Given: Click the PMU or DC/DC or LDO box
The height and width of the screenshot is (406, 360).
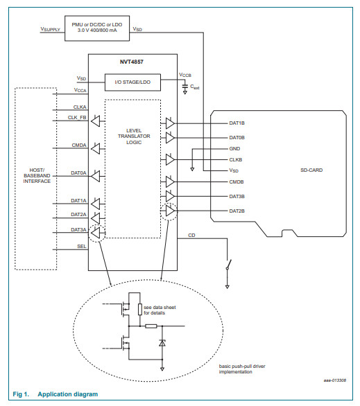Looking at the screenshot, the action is (97, 28).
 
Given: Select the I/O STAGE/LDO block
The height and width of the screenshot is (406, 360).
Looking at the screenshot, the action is (132, 82).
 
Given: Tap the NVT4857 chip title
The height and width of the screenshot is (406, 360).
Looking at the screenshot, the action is (131, 62).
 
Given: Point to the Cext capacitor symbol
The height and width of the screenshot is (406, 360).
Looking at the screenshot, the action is (185, 87).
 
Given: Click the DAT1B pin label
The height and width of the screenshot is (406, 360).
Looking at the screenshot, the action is (237, 123).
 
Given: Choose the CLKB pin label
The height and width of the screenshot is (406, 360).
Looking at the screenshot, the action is (236, 160).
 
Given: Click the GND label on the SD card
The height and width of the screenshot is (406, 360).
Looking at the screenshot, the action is (234, 149).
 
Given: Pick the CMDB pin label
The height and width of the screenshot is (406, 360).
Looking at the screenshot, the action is (237, 182).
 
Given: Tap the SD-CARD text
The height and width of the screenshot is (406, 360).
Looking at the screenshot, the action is (311, 170).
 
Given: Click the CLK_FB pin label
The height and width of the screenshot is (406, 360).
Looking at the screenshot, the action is (77, 118).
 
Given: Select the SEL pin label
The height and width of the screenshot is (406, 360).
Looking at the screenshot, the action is (82, 246).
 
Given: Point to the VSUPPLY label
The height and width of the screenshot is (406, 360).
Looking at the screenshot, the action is (50, 29).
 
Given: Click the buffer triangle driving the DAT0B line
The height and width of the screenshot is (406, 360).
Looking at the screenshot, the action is (170, 137).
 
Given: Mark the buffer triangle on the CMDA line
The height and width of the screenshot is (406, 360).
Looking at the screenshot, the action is (96, 149).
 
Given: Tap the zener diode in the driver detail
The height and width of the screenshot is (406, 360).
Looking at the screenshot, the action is (162, 343).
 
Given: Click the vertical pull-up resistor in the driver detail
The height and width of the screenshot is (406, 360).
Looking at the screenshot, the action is (140, 310).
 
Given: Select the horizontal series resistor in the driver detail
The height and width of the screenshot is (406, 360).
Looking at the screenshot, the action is (151, 326).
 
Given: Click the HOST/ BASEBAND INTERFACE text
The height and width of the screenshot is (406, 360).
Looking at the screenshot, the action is (37, 175).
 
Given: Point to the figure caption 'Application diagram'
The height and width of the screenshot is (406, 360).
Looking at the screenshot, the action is (68, 394).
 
